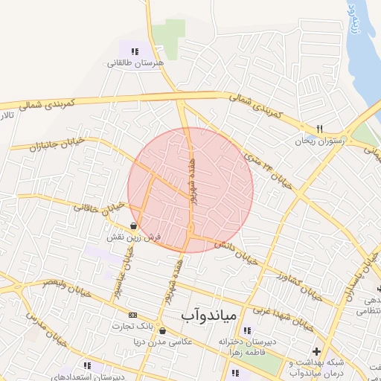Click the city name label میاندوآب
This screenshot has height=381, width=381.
pyautogui.click(x=208, y=316)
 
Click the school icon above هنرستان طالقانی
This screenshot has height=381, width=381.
pyautogui.click(x=135, y=51)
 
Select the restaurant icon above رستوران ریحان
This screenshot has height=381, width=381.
pyautogui.click(x=318, y=129)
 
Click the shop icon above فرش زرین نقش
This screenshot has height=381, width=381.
pyautogui.click(x=133, y=225)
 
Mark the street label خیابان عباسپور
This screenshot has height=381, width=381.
pyautogui.click(x=123, y=269)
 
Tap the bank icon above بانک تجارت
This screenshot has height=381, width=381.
pyautogui.click(x=133, y=315)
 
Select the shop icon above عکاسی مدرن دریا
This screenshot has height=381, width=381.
pyautogui.click(x=163, y=330)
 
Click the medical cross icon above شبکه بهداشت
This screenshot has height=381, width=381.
pyautogui.click(x=318, y=350)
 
